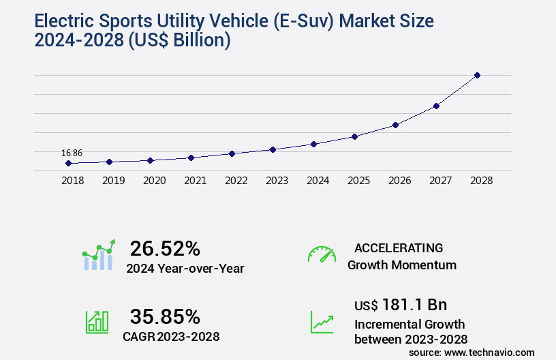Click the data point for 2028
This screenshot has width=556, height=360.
(477, 75)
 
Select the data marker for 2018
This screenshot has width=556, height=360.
(68, 164)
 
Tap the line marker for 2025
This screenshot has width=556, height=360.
(354, 136)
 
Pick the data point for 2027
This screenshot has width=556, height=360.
(436, 106)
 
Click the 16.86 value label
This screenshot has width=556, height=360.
(72, 153)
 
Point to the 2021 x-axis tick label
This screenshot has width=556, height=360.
(195, 181)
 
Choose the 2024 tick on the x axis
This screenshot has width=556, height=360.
(318, 181)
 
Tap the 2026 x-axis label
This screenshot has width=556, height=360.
(399, 181)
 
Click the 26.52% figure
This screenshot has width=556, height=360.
(165, 248)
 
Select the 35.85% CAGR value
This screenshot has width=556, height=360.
(165, 316)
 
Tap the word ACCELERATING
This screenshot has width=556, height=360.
(399, 248)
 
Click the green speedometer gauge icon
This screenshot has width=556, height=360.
(322, 254)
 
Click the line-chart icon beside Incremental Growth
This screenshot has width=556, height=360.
(322, 322)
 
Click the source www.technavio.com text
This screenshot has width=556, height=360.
(472, 352)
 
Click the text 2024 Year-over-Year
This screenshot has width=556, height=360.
(185, 269)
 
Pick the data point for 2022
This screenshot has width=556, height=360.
(232, 153)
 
